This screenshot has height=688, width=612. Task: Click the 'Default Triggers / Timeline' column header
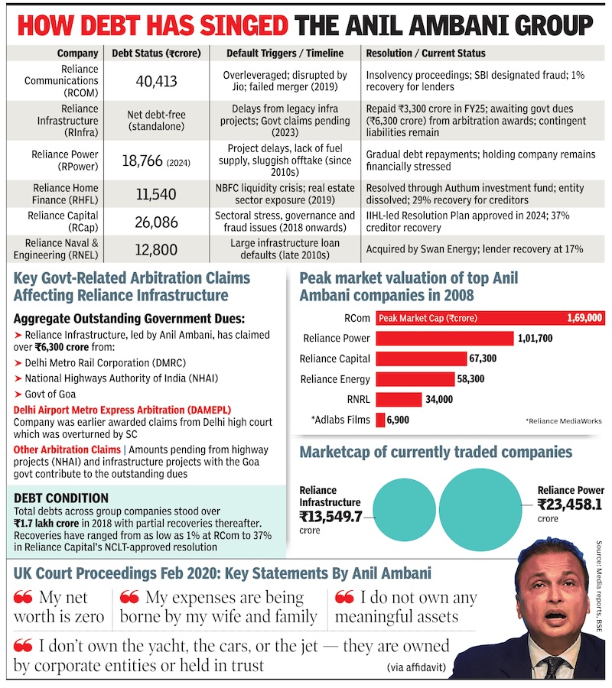tap(285, 54)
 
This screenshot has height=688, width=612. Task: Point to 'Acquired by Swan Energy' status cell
tap(474, 249)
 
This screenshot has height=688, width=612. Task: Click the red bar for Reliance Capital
tap(421, 359)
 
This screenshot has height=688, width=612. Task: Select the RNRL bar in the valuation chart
tap(399, 399)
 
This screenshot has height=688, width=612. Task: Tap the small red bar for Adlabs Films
tap(379, 420)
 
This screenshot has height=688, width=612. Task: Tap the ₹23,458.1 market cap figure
tap(569, 505)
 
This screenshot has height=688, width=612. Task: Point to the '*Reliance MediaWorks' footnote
tap(563, 421)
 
